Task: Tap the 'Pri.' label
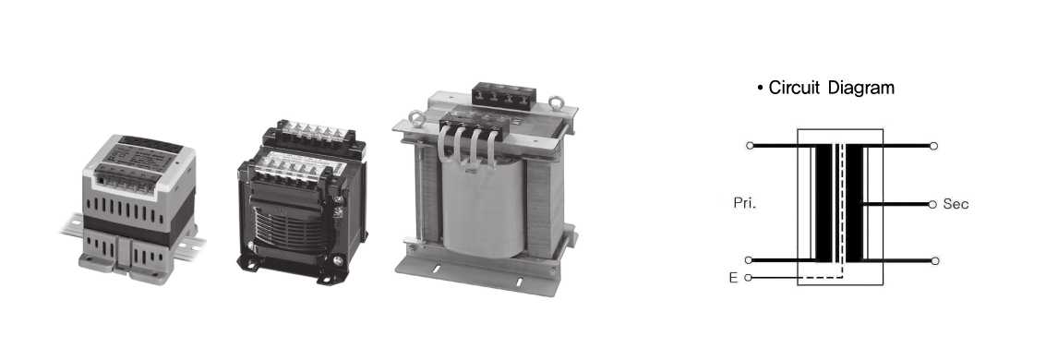745,203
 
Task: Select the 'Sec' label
956,204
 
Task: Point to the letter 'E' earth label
733,278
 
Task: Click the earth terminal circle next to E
748,278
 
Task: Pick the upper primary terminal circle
749,146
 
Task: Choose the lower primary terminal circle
749,260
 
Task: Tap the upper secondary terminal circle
934,146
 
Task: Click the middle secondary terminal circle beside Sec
932,204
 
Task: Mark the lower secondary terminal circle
934,261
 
